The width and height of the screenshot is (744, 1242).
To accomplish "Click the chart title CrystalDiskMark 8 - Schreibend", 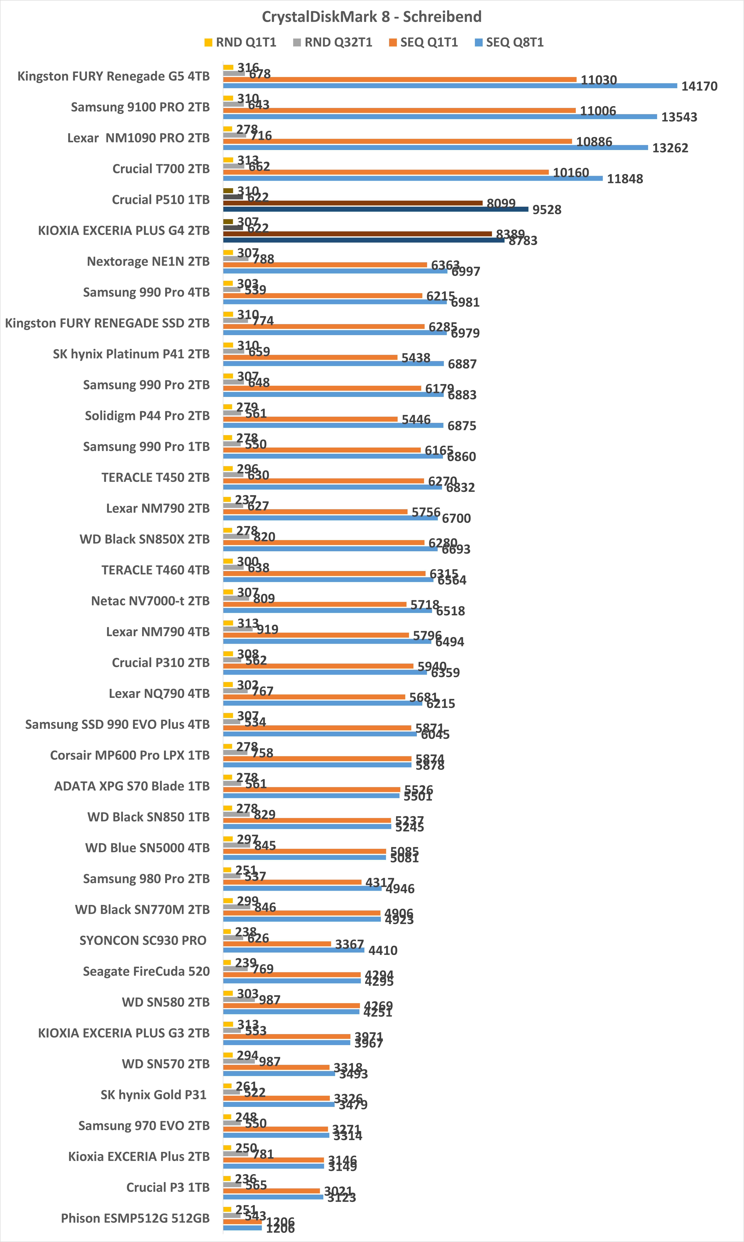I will [372, 17].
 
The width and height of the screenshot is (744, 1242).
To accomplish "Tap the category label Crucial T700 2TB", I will [160, 168].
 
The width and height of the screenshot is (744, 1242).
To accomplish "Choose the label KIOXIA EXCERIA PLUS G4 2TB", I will [123, 230].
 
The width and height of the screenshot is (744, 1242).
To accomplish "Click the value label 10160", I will [570, 173].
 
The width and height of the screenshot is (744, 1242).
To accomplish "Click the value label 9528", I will [546, 210].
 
